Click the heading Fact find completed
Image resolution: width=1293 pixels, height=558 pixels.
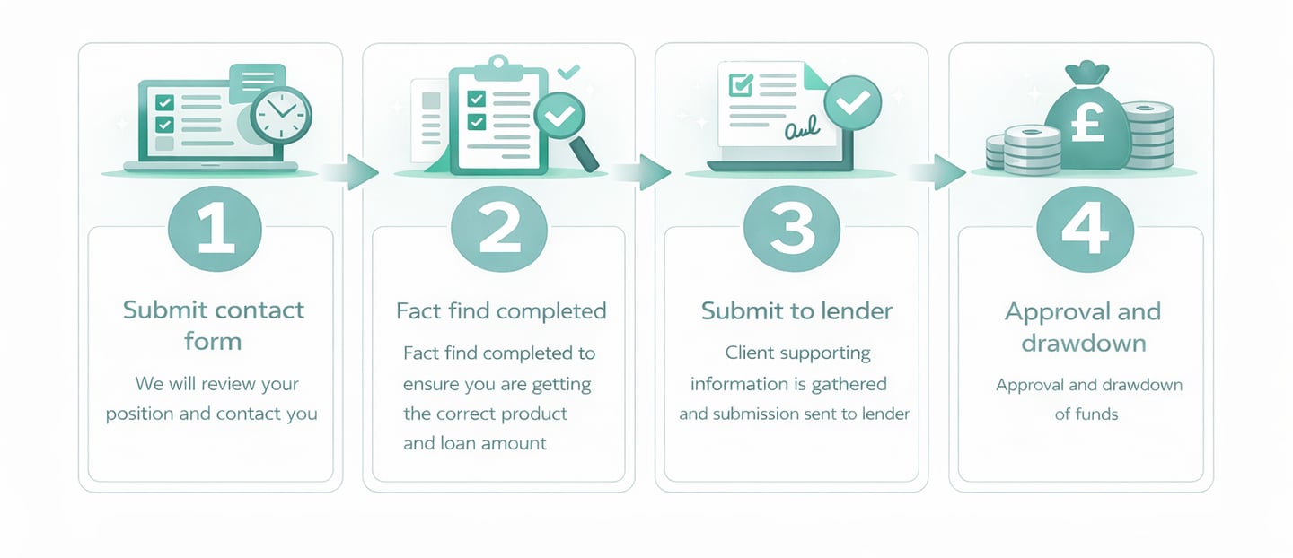pyautogui.click(x=501, y=311)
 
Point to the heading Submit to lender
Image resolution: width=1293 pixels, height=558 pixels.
pyautogui.click(x=796, y=311)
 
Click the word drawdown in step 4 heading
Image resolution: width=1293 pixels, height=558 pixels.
pyautogui.click(x=1082, y=343)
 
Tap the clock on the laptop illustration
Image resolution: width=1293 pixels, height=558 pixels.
pyautogui.click(x=280, y=115)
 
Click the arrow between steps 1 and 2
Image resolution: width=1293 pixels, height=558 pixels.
pyautogui.click(x=354, y=172)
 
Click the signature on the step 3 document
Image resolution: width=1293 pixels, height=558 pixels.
pyautogui.click(x=802, y=132)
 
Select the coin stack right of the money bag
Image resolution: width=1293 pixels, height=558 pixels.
pyautogui.click(x=1147, y=135)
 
